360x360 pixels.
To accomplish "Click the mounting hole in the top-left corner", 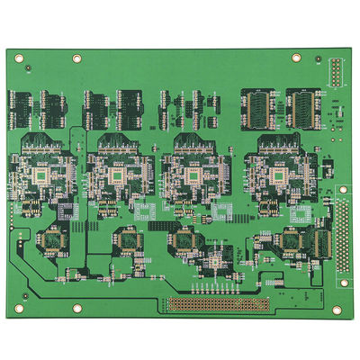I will (17, 58).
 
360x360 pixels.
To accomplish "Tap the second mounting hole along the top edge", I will (76, 58).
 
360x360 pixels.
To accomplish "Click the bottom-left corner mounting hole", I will (17, 309).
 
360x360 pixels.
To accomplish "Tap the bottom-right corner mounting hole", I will (336, 309).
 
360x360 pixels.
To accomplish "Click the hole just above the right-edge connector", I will (342, 191).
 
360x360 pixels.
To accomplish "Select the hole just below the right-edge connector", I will (342, 282).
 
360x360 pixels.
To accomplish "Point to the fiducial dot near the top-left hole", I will (30, 68).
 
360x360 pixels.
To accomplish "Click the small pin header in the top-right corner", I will (335, 72).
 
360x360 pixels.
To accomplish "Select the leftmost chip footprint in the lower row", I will (52, 239).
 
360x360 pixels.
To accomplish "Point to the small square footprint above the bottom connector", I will (214, 264).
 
